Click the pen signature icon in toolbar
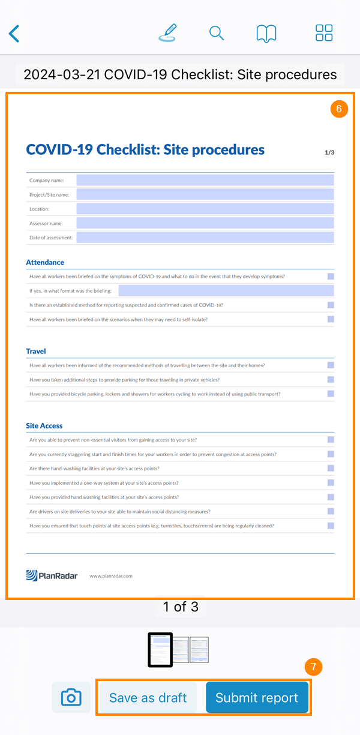(x=168, y=32)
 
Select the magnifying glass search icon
(x=217, y=33)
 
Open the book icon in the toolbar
(x=266, y=33)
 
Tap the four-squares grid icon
(x=324, y=33)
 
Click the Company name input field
(x=205, y=180)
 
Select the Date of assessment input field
(x=205, y=238)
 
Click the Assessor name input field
(x=205, y=223)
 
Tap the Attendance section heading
(x=45, y=262)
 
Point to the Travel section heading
(x=36, y=351)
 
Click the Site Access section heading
(x=44, y=425)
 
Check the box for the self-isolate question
(x=331, y=319)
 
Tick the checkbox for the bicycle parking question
(x=331, y=394)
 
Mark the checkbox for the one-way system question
(x=331, y=482)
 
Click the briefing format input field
(x=226, y=291)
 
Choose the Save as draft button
(x=148, y=698)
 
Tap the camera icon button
(x=71, y=698)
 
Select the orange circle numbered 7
(x=313, y=667)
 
